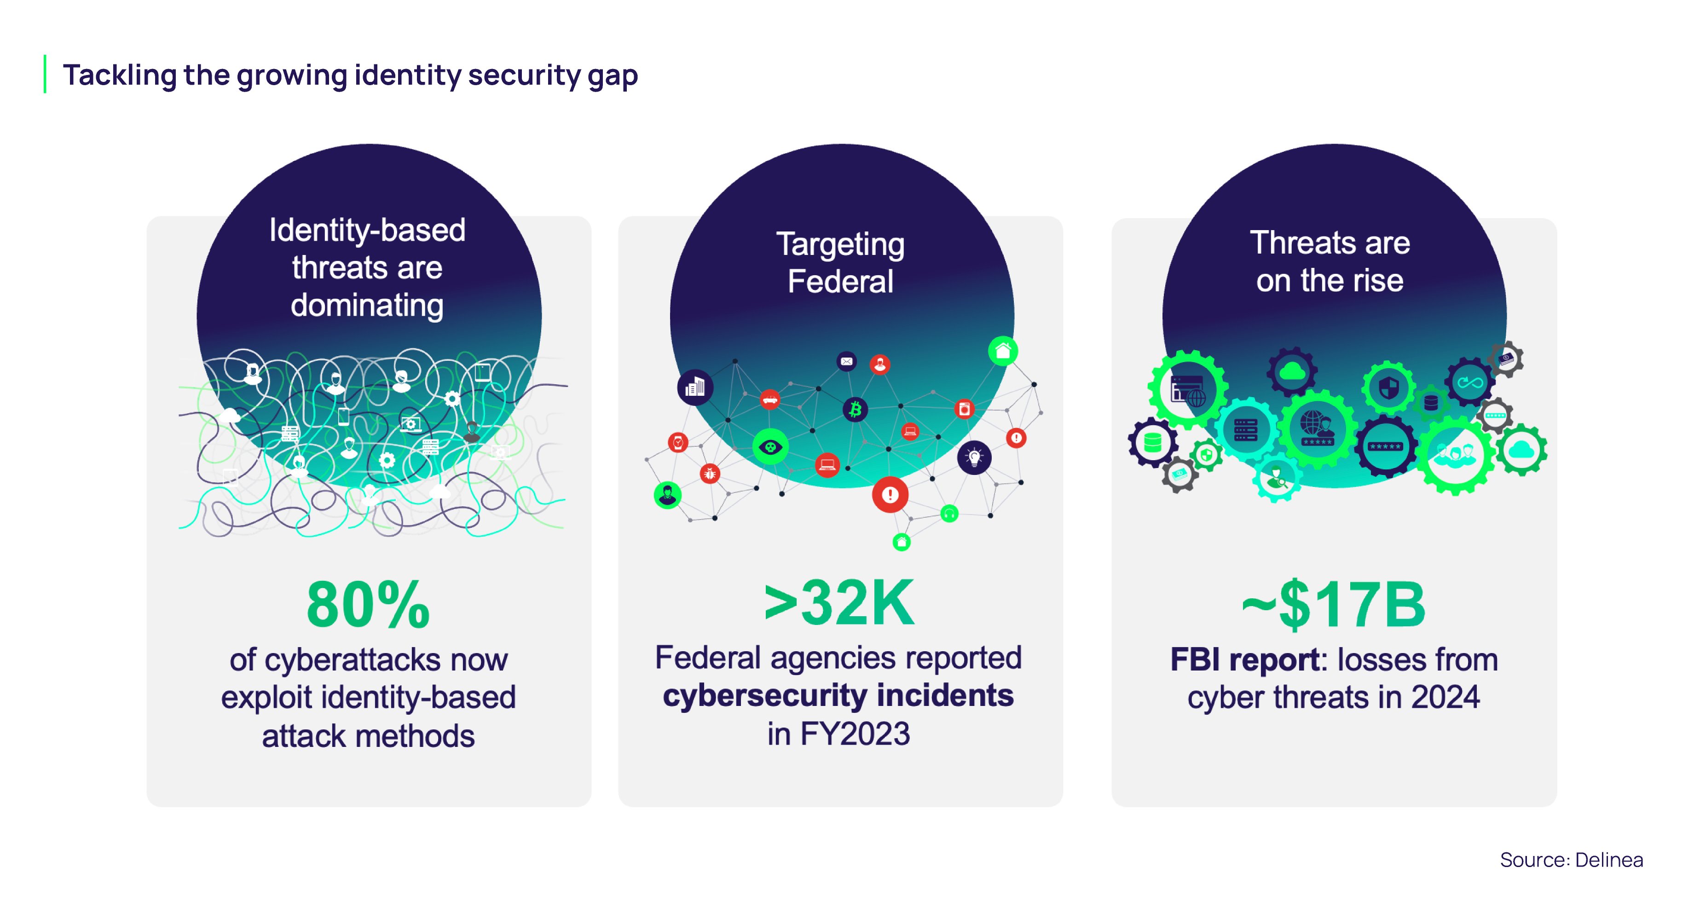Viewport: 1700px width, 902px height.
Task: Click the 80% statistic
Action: click(x=368, y=606)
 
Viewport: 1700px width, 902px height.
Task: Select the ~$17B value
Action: click(x=1333, y=606)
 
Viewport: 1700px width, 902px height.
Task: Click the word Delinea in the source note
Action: click(x=1609, y=860)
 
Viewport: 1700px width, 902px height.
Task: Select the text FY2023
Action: click(x=855, y=734)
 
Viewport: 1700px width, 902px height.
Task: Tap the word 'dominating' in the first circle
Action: click(x=367, y=306)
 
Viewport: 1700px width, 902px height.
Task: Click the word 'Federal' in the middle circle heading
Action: click(x=840, y=282)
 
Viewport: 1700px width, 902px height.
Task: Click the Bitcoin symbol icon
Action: click(x=855, y=410)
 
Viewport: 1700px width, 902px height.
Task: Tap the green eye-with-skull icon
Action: click(x=770, y=447)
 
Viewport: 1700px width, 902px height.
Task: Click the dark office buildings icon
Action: click(x=695, y=387)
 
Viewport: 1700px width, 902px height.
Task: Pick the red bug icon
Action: click(x=710, y=473)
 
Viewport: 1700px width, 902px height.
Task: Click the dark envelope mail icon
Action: click(x=847, y=361)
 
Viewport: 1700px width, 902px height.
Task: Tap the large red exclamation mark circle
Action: click(x=890, y=494)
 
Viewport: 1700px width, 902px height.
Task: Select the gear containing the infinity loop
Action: click(x=1470, y=382)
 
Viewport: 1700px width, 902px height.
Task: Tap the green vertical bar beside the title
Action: click(x=45, y=74)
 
